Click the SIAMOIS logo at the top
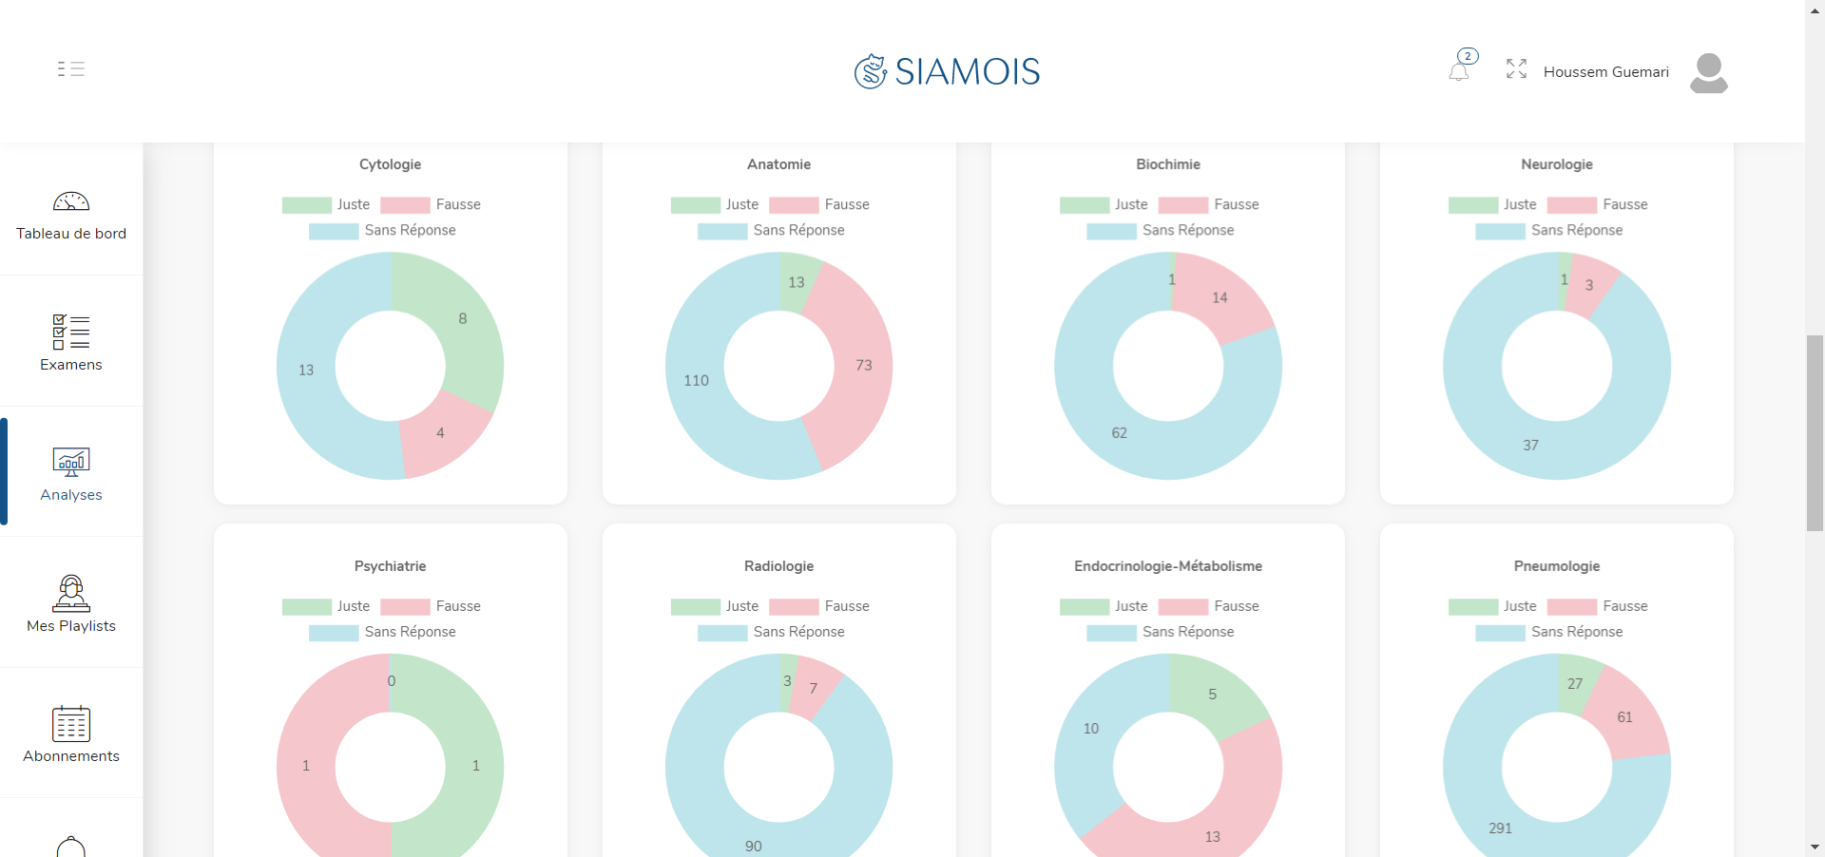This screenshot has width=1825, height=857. (947, 71)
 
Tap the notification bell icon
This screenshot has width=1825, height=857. (1459, 70)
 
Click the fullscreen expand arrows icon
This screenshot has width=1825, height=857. (1516, 68)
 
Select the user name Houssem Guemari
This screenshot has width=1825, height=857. (1605, 72)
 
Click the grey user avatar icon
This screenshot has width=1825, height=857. (1708, 72)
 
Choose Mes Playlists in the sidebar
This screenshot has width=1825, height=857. (71, 604)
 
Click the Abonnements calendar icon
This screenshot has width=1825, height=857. (71, 724)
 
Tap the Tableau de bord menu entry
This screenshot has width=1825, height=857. (71, 215)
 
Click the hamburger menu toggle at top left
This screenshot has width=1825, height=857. (71, 68)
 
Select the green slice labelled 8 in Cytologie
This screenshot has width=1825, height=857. (463, 319)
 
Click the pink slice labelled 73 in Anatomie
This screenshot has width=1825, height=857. (863, 366)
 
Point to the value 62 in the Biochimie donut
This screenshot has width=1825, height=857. (1119, 433)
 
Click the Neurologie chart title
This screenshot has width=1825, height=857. (1556, 164)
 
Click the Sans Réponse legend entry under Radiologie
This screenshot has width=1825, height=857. (771, 632)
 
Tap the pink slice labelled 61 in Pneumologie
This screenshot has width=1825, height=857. (1624, 717)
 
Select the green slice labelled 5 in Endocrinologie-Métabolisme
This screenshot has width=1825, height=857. (1212, 695)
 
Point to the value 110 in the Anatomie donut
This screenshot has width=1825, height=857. (696, 380)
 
